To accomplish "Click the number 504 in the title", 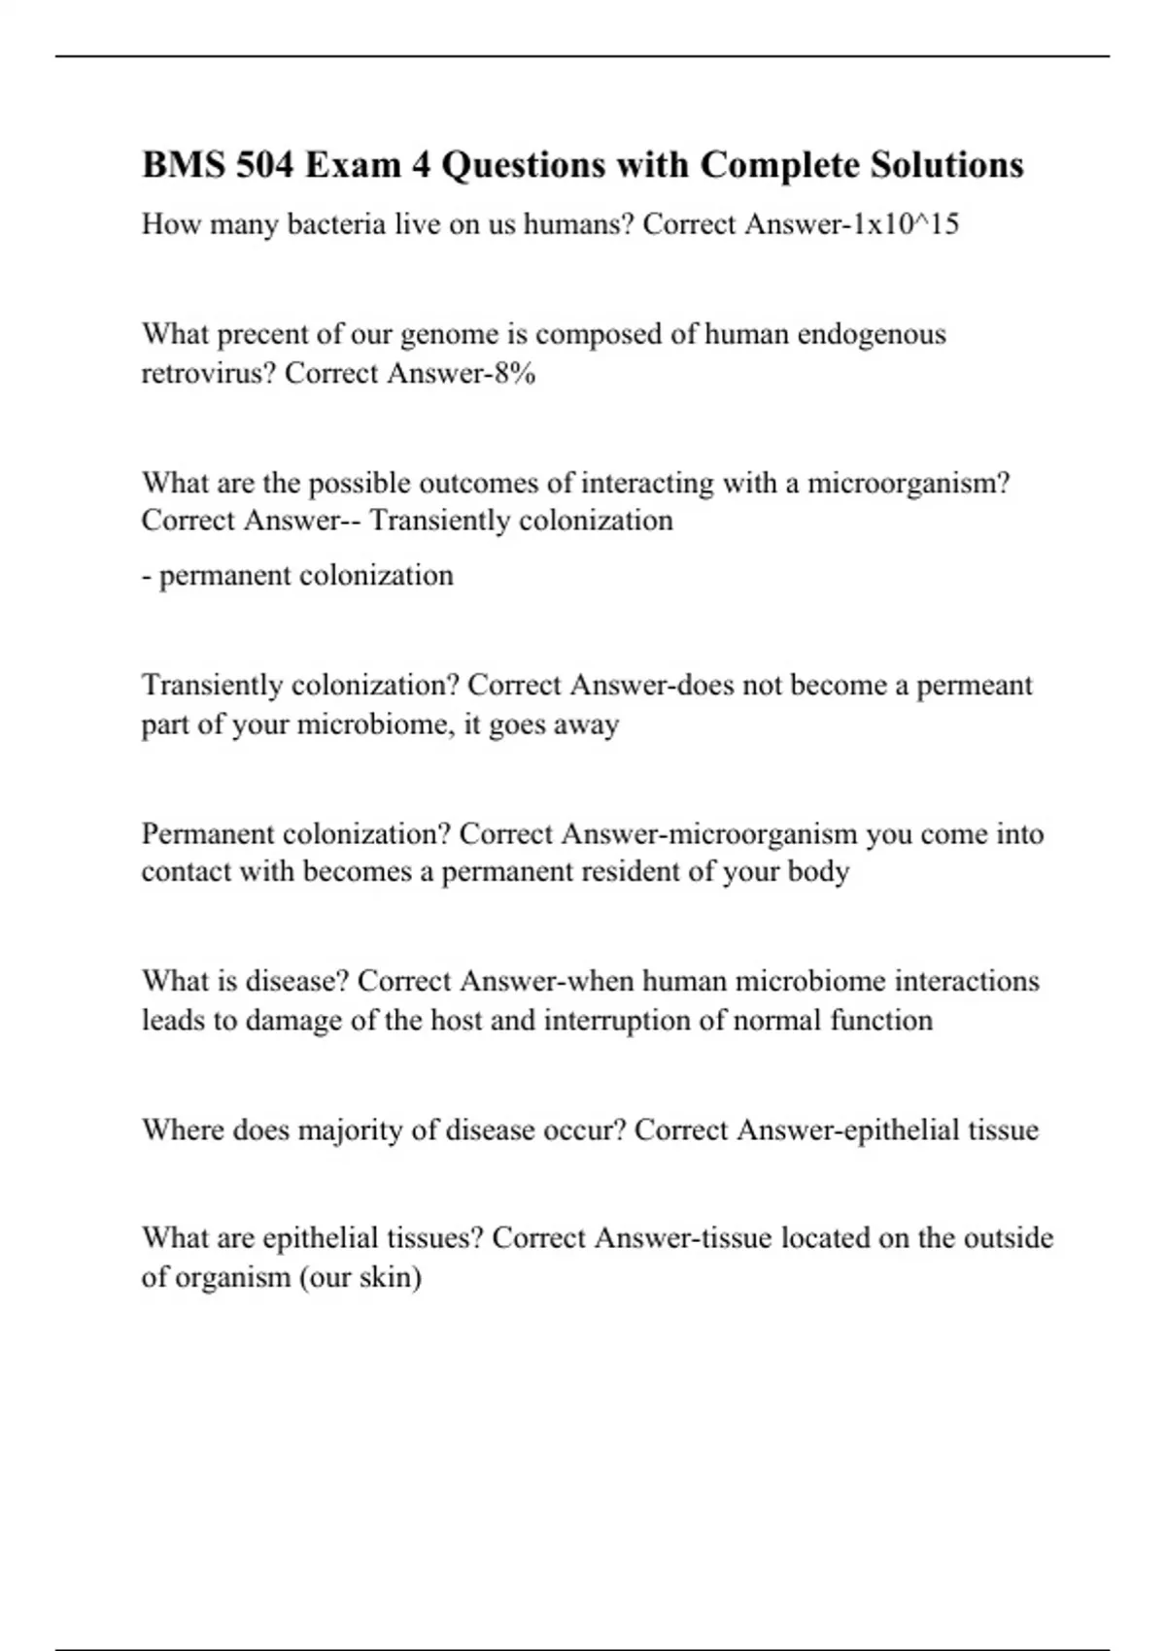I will point(264,165).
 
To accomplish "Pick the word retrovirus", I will point(208,373).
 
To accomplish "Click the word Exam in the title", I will point(351,165).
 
